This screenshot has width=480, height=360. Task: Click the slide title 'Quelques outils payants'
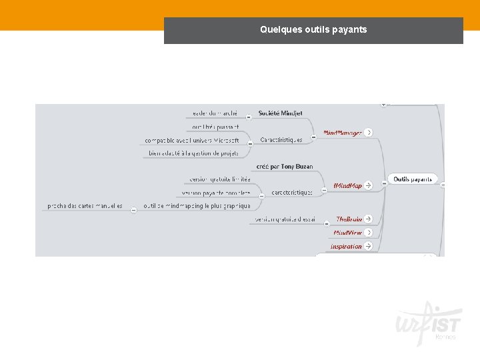(313, 29)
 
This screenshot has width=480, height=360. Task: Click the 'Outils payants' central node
(412, 179)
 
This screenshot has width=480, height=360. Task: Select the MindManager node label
(343, 133)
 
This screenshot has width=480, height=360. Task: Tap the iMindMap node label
(347, 185)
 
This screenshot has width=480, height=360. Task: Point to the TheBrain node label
(349, 219)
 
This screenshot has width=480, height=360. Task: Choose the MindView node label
(347, 233)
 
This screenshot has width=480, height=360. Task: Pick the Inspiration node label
(346, 246)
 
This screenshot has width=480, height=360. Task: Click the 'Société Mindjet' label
(280, 113)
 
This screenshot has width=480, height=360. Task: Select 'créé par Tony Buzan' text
(285, 166)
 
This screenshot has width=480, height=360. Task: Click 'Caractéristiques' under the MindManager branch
(281, 140)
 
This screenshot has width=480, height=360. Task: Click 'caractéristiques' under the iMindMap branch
(292, 192)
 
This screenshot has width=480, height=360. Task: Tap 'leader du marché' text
(215, 113)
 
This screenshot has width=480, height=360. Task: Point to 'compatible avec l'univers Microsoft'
(192, 140)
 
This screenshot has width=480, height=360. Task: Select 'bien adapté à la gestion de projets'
(194, 153)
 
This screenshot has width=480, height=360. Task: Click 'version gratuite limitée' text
(220, 179)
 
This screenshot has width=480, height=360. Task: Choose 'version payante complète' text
(216, 193)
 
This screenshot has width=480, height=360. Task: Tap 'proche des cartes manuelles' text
(85, 206)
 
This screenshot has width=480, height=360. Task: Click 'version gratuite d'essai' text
(285, 219)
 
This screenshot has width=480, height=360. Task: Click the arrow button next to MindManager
(369, 133)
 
